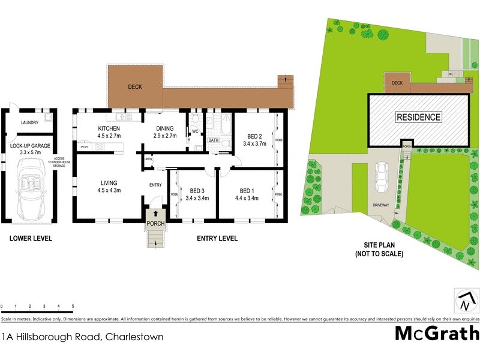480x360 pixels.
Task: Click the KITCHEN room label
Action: [110, 128]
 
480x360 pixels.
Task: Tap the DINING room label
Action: [164, 128]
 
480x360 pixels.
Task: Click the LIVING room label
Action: [109, 182]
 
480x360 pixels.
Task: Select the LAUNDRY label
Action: [29, 123]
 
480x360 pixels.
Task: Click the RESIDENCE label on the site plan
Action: [418, 118]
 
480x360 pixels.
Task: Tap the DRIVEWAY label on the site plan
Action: [380, 205]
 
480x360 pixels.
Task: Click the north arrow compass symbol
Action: [464, 299]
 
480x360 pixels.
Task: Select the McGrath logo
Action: [437, 333]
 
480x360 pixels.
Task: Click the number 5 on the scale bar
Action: [73, 307]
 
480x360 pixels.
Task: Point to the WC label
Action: [194, 131]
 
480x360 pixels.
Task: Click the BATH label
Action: [213, 140]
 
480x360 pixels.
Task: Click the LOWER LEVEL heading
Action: [31, 239]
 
